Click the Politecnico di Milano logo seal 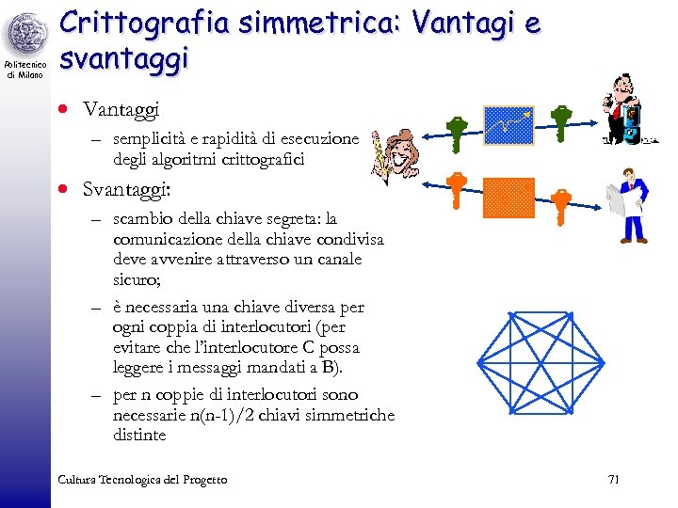click(25, 36)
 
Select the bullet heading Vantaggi click(121, 110)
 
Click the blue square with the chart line click(508, 126)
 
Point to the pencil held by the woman click(379, 156)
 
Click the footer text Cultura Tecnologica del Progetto click(142, 480)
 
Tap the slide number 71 click(613, 480)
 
